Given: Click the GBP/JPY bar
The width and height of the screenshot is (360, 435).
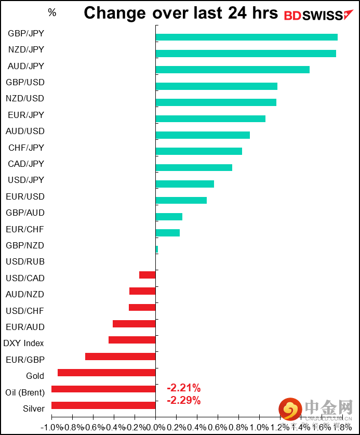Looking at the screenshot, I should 246,37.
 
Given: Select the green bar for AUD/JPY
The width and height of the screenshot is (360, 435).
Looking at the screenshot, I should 232,70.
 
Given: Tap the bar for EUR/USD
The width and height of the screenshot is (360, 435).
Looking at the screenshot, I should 181,200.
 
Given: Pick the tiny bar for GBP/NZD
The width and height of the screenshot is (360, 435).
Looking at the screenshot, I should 156,249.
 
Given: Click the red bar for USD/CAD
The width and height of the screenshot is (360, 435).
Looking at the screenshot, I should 147,275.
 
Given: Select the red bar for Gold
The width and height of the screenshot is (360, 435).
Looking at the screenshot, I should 106,373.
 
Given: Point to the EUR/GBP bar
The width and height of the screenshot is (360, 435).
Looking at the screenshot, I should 120,357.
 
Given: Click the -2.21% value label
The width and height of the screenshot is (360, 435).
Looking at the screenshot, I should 183,388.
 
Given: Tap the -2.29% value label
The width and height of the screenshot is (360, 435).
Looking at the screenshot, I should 183,400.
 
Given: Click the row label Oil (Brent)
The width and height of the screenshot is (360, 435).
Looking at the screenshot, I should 25,392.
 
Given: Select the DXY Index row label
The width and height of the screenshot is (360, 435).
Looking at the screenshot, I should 24,343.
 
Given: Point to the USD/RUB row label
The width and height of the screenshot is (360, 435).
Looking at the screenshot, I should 25,261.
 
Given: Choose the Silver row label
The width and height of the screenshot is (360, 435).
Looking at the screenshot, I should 34,408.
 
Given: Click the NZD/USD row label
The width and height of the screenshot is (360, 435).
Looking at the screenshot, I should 25,98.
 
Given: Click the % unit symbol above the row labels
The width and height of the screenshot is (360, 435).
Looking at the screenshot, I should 52,12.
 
